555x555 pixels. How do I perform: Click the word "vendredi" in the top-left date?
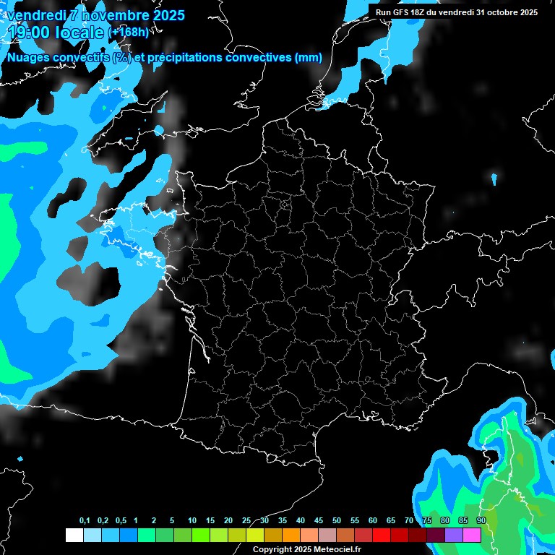35,15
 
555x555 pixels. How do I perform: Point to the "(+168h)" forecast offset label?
129,33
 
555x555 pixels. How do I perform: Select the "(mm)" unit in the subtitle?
308,58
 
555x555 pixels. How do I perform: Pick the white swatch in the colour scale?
74,535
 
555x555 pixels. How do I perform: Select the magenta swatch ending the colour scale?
472,535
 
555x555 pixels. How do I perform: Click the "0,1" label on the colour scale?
85,521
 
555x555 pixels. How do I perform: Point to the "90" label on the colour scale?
481,521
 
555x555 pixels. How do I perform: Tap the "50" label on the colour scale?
337,521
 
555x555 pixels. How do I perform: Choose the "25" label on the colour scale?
246,521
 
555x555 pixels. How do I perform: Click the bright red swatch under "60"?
382,535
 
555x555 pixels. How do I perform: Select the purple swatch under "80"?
454,535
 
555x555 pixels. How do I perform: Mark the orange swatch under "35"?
291,535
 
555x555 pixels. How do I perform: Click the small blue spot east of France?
494,178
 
